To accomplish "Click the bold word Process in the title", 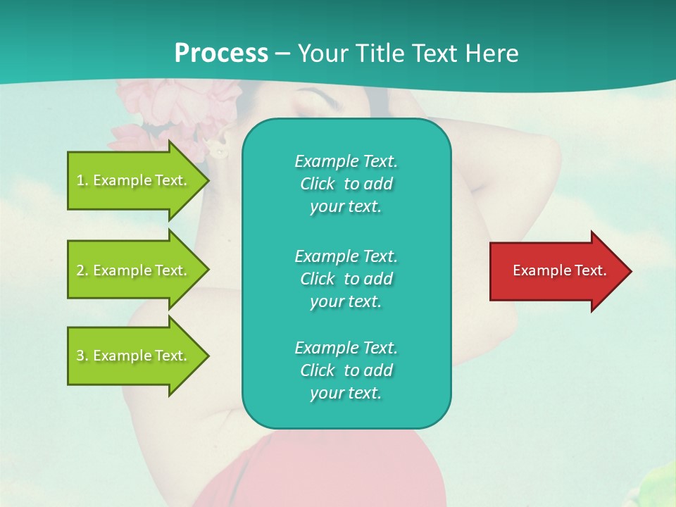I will click(221, 54).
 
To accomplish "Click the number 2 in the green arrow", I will click(80, 270).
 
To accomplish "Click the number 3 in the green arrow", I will click(80, 356).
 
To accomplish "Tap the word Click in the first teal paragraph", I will click(318, 184).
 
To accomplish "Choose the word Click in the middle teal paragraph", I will click(318, 279).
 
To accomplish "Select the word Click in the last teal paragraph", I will click(318, 370).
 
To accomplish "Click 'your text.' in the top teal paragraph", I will click(346, 207).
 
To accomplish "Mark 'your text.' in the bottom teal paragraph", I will click(346, 394).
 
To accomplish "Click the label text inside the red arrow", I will click(559, 270).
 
